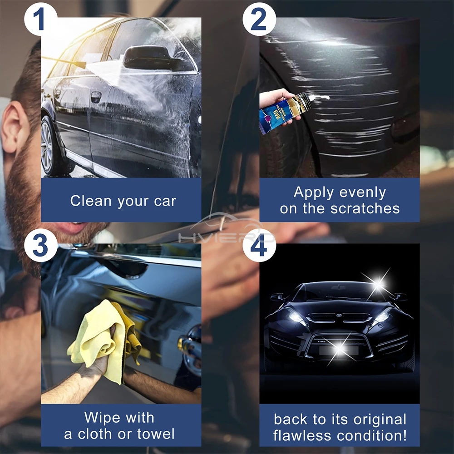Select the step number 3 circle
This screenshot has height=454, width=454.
41,246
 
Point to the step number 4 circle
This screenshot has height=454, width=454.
260,246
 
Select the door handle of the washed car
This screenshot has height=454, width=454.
96,97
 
